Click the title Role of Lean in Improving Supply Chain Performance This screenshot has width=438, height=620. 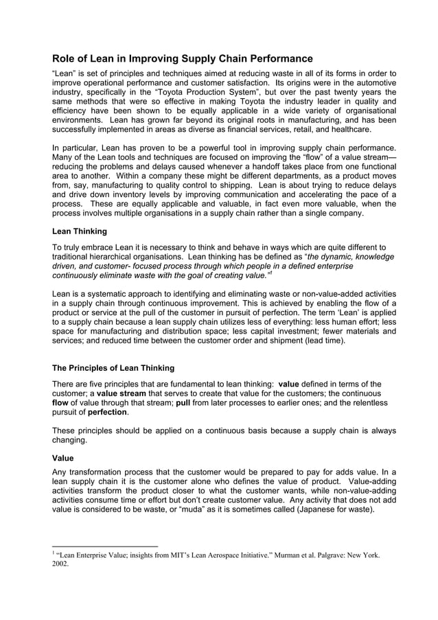click(183, 59)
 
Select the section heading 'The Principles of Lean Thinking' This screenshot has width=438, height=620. click(113, 368)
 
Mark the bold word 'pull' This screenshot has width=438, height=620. click(183, 403)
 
